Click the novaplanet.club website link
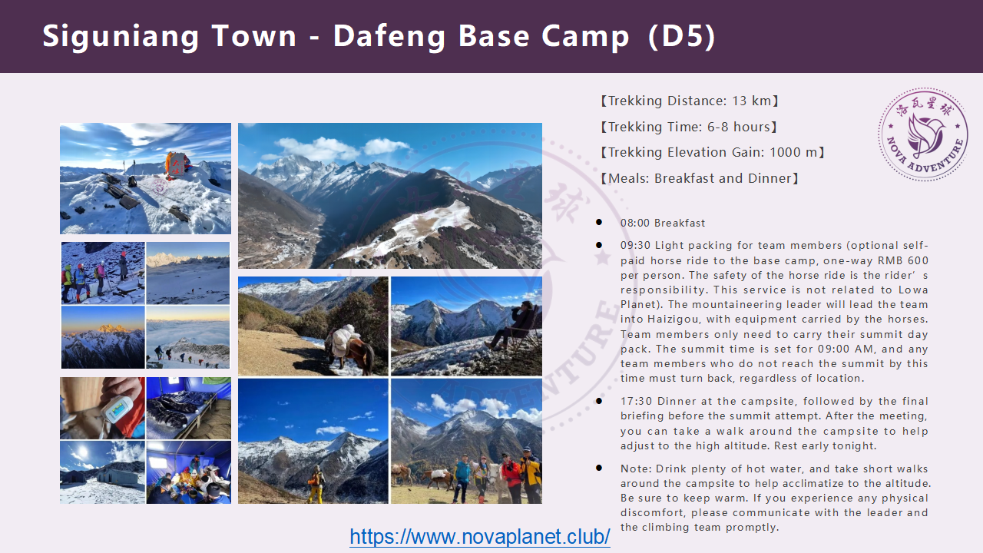pos(480,536)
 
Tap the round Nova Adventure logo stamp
pos(923,134)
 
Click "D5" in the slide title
pos(681,36)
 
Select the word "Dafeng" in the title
pos(389,37)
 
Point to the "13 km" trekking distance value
pos(751,101)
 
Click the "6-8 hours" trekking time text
pos(739,127)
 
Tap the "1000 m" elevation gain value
pos(793,152)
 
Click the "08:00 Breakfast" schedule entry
pos(663,223)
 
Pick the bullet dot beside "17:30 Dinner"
pos(599,401)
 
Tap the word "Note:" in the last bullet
pos(636,469)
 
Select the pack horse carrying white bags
pos(349,346)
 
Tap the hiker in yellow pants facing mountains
pos(316,484)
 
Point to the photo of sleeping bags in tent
pos(189,408)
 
